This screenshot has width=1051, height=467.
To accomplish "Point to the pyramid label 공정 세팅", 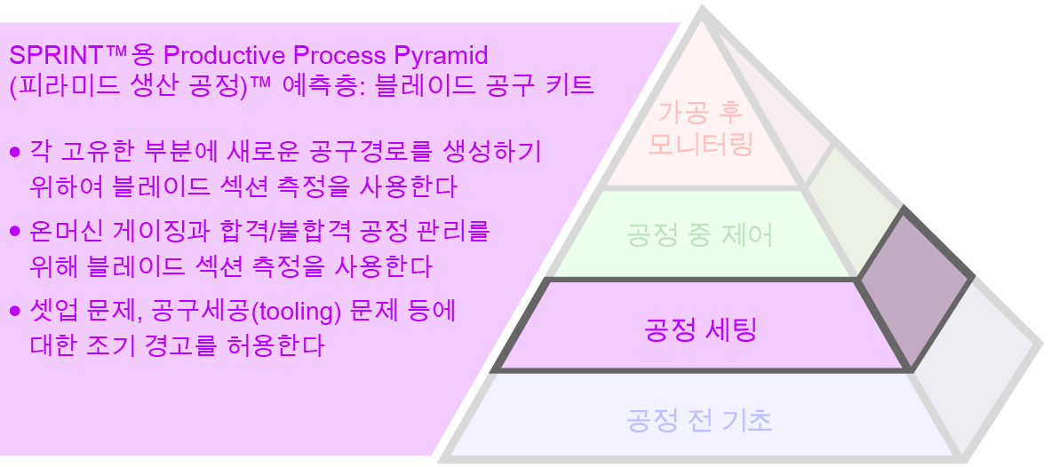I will [x=700, y=332].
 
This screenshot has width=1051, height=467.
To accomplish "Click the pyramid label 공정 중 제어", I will [x=700, y=235].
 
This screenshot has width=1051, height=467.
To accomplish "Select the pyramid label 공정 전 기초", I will [x=700, y=419].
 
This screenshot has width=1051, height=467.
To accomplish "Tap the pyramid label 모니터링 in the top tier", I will [x=700, y=144].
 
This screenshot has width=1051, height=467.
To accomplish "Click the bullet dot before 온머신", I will [x=14, y=232].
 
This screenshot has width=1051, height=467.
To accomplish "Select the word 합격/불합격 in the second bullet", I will [x=286, y=232].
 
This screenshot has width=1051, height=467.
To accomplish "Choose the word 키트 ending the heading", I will [x=570, y=87].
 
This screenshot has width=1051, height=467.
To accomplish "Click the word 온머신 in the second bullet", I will [x=60, y=232].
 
